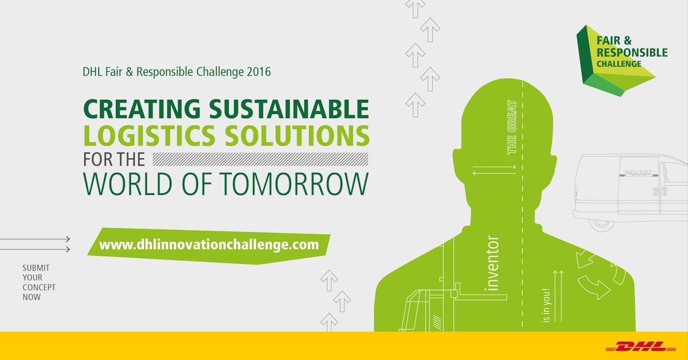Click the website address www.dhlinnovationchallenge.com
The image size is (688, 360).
coord(209,245)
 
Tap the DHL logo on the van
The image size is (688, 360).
coord(638,173)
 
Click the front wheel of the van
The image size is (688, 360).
coord(601,224)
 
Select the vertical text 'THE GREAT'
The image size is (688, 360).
coord(512,127)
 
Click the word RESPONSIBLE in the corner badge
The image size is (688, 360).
coord(632,53)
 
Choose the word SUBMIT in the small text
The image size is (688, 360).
coord(36,268)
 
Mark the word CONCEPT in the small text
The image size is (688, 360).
coord(39,287)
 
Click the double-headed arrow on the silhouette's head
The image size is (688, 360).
coord(494,169)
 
